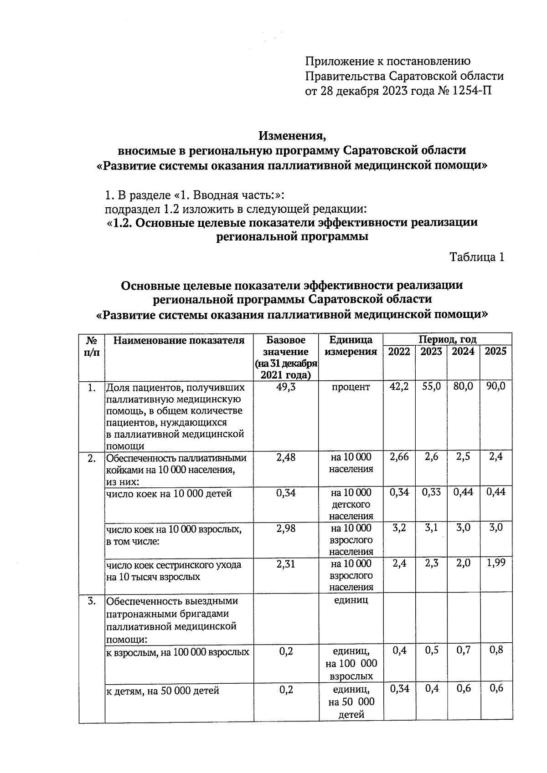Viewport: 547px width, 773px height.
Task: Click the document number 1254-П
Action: coord(471,91)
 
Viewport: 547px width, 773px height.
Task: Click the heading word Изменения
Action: coord(293,136)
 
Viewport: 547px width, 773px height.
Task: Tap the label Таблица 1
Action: coord(477,257)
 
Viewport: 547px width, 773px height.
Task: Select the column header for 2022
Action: coord(399,351)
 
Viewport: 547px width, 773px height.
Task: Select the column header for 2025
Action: coord(495,351)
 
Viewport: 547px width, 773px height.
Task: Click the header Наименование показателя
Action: coord(179,340)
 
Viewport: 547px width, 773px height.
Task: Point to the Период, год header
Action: coord(447,339)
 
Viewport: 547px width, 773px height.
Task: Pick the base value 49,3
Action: coord(285,387)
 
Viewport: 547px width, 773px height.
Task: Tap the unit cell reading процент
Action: coord(351,387)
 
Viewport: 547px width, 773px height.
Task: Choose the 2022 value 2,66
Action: coord(399,457)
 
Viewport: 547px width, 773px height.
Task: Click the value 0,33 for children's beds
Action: coord(431,492)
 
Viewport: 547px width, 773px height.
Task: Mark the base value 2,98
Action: coord(285,528)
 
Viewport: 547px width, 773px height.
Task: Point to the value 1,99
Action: coord(495,563)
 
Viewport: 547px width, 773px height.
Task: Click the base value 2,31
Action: coord(285,564)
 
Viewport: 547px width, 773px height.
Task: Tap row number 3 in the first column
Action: coord(92,601)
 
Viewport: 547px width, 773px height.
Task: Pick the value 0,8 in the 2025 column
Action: coord(495,650)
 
